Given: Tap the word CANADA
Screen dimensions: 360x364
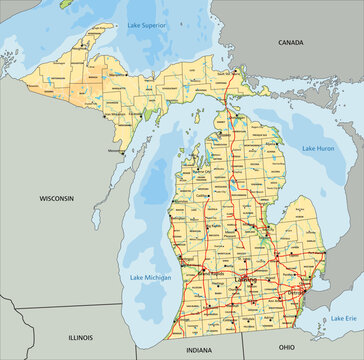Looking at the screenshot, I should point(290,43).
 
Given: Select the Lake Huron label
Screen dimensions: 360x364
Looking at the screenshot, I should point(317,148).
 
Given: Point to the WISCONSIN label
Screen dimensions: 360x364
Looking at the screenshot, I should point(57,199).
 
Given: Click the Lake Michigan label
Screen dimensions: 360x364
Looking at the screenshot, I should point(149,276).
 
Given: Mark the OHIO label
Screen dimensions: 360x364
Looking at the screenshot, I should point(286,346).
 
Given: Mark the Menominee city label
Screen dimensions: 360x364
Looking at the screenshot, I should point(117,152).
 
